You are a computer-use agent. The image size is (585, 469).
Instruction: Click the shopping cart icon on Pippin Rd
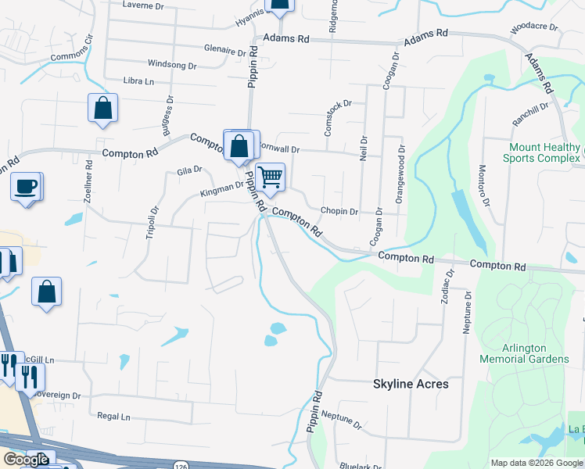point(270,177)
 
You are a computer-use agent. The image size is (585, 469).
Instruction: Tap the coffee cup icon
point(26,187)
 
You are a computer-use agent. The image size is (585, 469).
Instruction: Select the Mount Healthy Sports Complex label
point(545,152)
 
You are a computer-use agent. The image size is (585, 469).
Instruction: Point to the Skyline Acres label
point(411,384)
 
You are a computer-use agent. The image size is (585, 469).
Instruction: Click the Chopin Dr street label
point(339,211)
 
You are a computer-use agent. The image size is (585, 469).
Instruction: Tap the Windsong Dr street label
point(172,65)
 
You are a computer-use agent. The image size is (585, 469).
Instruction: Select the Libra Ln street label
point(138,81)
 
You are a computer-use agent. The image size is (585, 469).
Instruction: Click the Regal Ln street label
point(113,417)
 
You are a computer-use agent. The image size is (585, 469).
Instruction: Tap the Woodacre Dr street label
point(533,27)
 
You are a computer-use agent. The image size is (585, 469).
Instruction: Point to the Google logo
point(26,460)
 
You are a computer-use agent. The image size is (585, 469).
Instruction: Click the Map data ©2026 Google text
point(536,463)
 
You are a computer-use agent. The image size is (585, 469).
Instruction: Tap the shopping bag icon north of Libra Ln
point(280,5)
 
